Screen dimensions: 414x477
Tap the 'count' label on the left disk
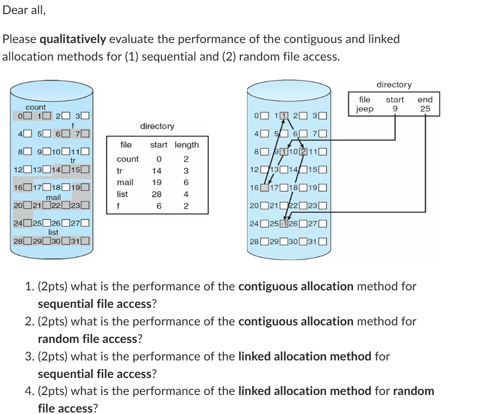(36, 107)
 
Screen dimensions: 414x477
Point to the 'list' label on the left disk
(53, 232)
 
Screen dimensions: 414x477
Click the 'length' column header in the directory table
(186, 145)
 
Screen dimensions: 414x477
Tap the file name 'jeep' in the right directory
(365, 109)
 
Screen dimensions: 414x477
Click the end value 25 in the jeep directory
(425, 109)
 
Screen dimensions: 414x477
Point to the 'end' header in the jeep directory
(425, 100)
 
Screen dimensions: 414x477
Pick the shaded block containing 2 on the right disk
(302, 152)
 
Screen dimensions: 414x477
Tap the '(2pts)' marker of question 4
(53, 391)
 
